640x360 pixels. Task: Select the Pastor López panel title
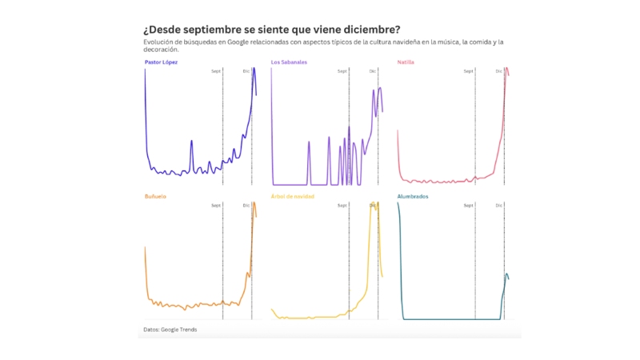click(x=161, y=62)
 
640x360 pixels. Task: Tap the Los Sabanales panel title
click(x=289, y=62)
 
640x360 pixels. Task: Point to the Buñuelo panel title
click(x=155, y=196)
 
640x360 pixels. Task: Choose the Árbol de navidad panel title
click(x=293, y=196)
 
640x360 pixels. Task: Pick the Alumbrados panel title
click(x=413, y=196)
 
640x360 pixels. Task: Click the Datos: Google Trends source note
click(x=170, y=329)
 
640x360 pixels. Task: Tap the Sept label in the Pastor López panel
click(x=216, y=71)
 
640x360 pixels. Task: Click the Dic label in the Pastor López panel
click(x=246, y=71)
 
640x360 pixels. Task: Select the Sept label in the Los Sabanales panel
click(x=342, y=71)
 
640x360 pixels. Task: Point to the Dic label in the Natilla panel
click(x=499, y=71)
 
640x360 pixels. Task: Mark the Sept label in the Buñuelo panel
click(x=216, y=206)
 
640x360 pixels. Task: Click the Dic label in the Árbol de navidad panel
click(x=373, y=206)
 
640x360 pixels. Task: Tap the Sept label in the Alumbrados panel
click(x=469, y=206)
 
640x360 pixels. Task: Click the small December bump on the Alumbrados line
click(x=506, y=274)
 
